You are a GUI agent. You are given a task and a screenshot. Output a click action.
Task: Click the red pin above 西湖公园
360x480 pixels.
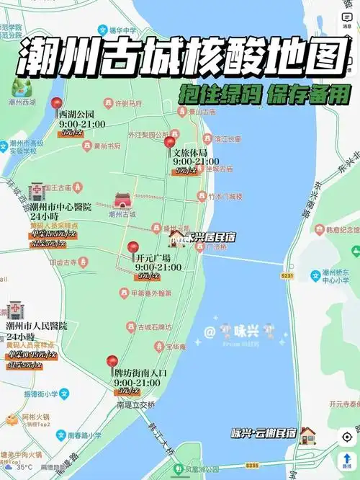click(x=57, y=104)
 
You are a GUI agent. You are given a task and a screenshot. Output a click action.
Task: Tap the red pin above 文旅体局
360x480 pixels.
click(x=170, y=143)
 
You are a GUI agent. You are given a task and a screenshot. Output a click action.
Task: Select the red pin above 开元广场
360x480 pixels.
click(x=132, y=248)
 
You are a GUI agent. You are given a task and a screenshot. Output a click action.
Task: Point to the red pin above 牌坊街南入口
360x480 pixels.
click(x=112, y=363)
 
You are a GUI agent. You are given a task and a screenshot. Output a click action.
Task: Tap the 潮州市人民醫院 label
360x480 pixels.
click(x=37, y=326)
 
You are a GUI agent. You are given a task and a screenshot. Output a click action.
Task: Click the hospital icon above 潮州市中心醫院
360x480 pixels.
click(x=37, y=190)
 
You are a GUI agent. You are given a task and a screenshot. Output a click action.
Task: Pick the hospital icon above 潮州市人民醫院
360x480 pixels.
click(x=14, y=311)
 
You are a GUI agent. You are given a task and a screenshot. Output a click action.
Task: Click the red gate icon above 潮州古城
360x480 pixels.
click(x=122, y=200)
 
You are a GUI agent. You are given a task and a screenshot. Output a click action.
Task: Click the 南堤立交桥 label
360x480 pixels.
click(x=135, y=405)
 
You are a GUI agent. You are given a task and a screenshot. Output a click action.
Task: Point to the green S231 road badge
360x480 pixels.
click(x=288, y=275)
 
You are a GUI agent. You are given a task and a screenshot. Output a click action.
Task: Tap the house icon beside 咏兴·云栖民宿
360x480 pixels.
click(x=308, y=434)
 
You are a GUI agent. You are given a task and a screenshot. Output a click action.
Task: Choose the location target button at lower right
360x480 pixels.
click(x=347, y=437)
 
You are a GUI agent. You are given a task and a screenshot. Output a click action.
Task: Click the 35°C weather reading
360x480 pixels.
click(x=24, y=467)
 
